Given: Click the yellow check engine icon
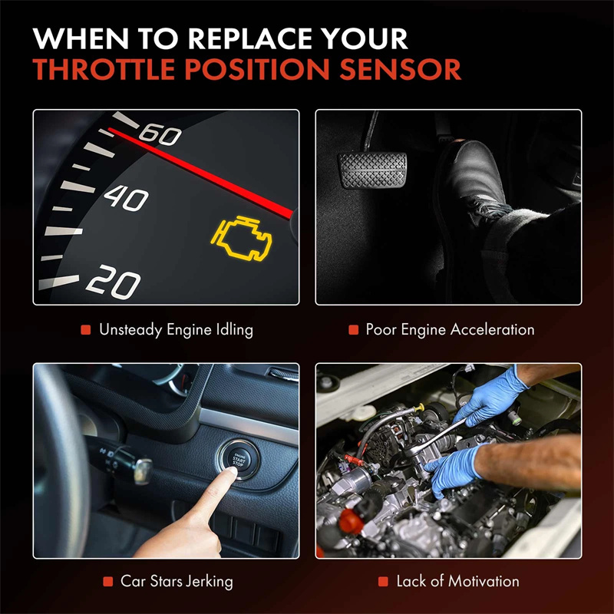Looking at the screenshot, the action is [x=241, y=238].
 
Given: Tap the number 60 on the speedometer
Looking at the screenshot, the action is [x=160, y=134].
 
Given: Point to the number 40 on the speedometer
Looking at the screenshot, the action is [x=126, y=198].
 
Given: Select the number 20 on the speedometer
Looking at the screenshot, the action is [x=113, y=282].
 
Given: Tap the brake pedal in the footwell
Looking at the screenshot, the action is [x=372, y=170].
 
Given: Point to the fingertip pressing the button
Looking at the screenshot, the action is [x=231, y=471].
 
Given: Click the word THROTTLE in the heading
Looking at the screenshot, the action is [x=104, y=69].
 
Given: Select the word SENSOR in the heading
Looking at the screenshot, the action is [x=400, y=69].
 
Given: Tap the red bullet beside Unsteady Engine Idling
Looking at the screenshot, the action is [x=86, y=330].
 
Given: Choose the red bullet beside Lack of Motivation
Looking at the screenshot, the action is [x=383, y=582].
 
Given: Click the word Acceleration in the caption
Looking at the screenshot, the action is [x=492, y=329].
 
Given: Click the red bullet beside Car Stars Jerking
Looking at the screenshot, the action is [x=107, y=582].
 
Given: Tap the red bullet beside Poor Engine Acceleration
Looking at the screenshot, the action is [x=354, y=330].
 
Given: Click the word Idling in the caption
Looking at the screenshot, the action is [x=235, y=330].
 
